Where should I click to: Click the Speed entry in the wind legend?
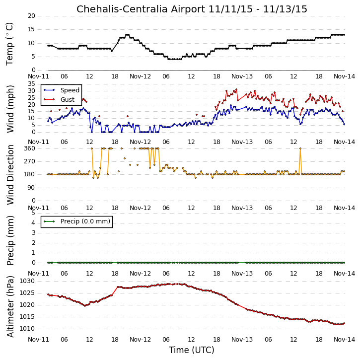(x=70, y=90)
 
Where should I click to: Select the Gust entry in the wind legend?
(x=68, y=100)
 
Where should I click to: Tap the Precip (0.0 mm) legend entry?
(x=85, y=221)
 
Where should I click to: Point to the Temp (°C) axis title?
(x=9, y=44)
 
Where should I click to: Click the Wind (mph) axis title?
(x=10, y=109)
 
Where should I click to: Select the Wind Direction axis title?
(x=10, y=175)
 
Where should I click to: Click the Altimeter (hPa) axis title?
(x=10, y=307)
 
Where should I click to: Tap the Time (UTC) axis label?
(x=192, y=350)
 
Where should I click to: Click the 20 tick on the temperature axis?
(x=31, y=16)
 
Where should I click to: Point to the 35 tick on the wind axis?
(x=31, y=84)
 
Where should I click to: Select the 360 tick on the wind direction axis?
(x=30, y=148)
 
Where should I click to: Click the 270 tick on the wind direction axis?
(x=30, y=161)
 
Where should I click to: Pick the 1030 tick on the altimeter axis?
(x=27, y=281)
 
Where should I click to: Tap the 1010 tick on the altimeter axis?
(x=27, y=329)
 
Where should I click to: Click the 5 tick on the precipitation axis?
(x=33, y=213)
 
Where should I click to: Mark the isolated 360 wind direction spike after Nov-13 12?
(x=300, y=148)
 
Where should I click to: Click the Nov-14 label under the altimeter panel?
(x=345, y=340)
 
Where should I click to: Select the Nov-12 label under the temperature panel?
(x=141, y=76)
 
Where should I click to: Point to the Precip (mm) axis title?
(x=10, y=240)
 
